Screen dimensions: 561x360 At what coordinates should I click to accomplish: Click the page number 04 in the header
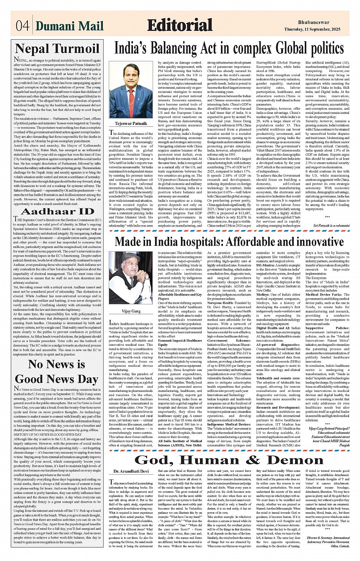tap(23, 26)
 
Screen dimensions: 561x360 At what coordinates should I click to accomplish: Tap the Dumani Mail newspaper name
tap(70, 26)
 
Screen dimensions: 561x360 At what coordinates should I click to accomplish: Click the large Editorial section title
tap(179, 26)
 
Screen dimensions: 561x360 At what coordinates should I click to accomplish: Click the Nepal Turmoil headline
tap(57, 49)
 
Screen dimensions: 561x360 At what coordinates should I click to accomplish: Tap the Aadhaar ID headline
tap(57, 212)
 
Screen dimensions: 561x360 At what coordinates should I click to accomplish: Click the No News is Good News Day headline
tap(57, 372)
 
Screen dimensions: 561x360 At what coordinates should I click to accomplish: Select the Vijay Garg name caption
tap(131, 300)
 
